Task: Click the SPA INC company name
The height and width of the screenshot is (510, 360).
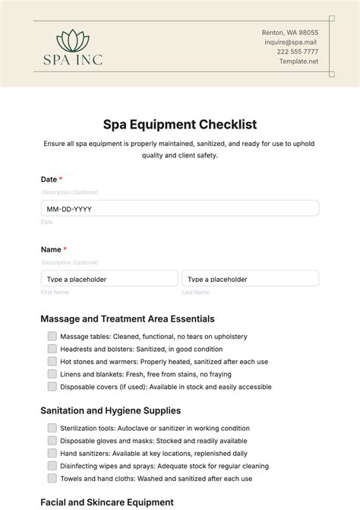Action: (x=73, y=59)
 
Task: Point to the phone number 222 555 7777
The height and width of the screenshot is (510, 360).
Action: (x=297, y=52)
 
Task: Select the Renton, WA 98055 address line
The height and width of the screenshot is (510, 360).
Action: (x=290, y=33)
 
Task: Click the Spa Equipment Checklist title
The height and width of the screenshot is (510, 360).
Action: (x=180, y=124)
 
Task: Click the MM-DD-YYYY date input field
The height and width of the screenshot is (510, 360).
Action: (x=180, y=208)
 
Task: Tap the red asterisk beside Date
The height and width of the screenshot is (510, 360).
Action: (x=61, y=179)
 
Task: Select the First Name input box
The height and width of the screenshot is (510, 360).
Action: (x=109, y=278)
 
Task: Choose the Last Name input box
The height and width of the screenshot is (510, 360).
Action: (x=250, y=278)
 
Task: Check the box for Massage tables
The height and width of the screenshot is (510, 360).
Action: (x=52, y=336)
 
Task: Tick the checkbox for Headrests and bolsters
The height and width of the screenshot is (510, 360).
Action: (x=52, y=349)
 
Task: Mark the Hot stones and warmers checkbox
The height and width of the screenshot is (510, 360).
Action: (x=52, y=361)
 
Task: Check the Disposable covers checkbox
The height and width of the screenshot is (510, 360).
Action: (x=52, y=387)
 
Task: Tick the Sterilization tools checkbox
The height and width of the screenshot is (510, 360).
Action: (x=52, y=428)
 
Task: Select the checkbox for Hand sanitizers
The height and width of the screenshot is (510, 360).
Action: (x=52, y=453)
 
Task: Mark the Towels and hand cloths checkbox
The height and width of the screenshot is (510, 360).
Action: (x=52, y=479)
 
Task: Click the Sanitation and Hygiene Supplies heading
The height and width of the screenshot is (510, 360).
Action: (x=110, y=410)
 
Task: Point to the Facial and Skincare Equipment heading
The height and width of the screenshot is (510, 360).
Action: (x=107, y=502)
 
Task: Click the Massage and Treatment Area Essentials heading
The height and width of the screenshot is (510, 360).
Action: (x=128, y=318)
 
